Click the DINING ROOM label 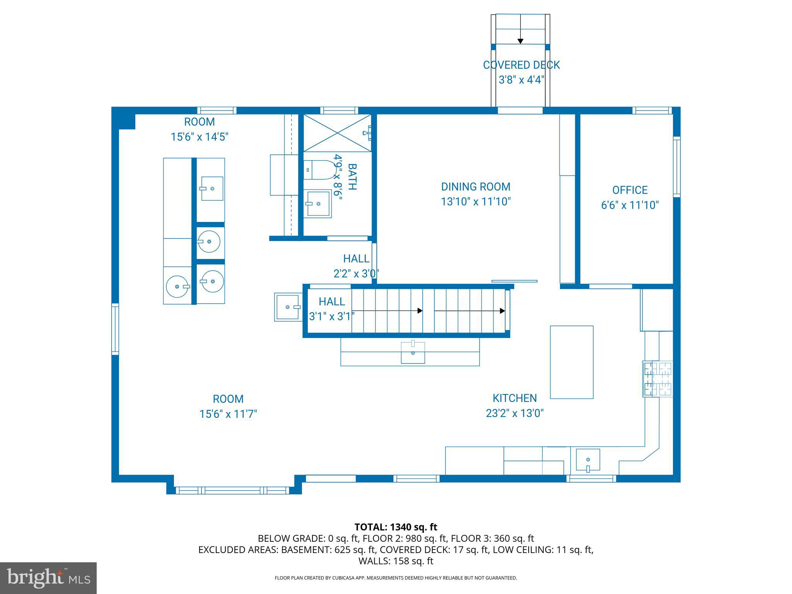coord(476,187)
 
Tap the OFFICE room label coord(630,190)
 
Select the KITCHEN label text coord(514,398)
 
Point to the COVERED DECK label coord(521,65)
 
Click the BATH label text coord(352,177)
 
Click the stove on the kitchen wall coord(658,379)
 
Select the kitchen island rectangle coord(572,362)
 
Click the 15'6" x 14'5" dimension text coord(200,137)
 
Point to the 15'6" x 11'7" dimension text coord(228,414)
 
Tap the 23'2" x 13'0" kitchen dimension coord(515,413)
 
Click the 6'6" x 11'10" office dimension coord(630,205)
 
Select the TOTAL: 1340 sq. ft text coord(396,527)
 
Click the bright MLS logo coord(48,578)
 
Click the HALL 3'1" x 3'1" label coord(332,309)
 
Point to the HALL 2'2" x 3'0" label coord(356,266)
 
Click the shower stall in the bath coord(337,133)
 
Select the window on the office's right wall coord(677,167)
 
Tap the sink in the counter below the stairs coord(413,352)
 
